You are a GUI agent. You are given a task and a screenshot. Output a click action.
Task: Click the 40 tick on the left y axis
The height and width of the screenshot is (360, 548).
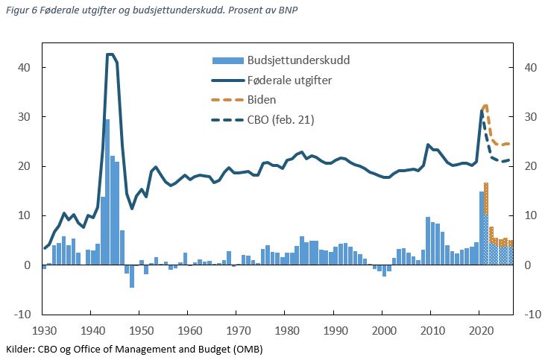pyautogui.click(x=25, y=67)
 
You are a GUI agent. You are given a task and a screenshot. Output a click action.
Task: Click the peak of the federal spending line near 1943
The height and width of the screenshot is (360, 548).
pyautogui.click(x=110, y=54)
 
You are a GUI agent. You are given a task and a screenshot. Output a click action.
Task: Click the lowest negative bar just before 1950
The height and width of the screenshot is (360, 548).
pyautogui.click(x=132, y=277)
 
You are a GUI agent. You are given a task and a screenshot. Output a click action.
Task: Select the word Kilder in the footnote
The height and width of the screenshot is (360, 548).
pyautogui.click(x=20, y=348)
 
